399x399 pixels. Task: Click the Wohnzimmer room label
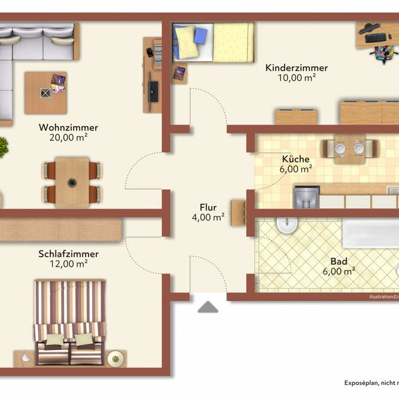pos(68,127)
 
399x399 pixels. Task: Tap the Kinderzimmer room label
pos(296,68)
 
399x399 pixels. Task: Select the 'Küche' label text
pos(295,158)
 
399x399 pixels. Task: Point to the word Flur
pos(207,207)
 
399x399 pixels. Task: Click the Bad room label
pos(338,260)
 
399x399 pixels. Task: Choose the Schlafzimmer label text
pos(68,254)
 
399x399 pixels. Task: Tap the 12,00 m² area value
pos(68,264)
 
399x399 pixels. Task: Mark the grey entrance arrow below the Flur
pos(207,307)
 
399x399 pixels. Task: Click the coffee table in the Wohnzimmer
pos(46,93)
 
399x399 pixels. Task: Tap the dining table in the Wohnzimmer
pos(72,181)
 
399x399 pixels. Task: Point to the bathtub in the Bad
pos(370,233)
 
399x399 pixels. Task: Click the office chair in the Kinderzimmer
pos(382,53)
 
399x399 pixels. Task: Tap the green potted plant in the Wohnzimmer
pos(2,147)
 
